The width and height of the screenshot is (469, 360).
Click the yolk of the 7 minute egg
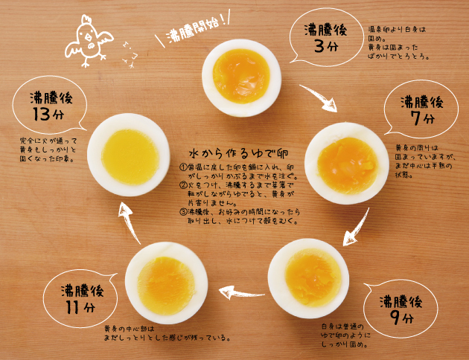tap(347, 164)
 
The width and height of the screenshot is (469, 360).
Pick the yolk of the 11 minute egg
tap(166, 283)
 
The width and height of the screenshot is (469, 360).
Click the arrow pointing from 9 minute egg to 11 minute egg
tap(239, 292)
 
